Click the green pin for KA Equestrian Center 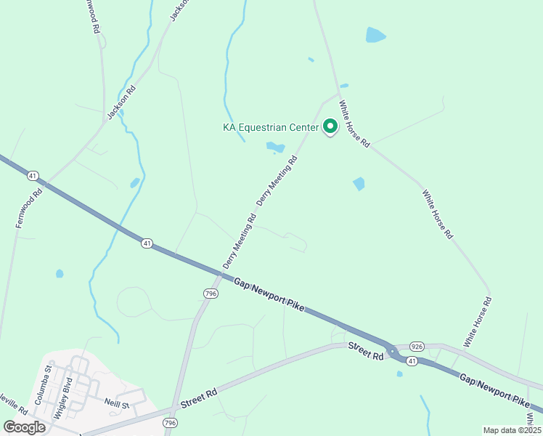[x=330, y=127]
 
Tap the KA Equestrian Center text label [x=270, y=128]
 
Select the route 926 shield [x=417, y=347]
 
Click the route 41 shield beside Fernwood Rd [x=33, y=176]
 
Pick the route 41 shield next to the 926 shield [x=412, y=361]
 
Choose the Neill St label [x=115, y=404]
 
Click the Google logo [x=24, y=427]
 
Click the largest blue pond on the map [x=375, y=35]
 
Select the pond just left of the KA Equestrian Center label [x=275, y=148]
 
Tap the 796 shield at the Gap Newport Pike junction [x=211, y=293]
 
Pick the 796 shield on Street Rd [x=170, y=422]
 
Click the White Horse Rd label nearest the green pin [x=355, y=125]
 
